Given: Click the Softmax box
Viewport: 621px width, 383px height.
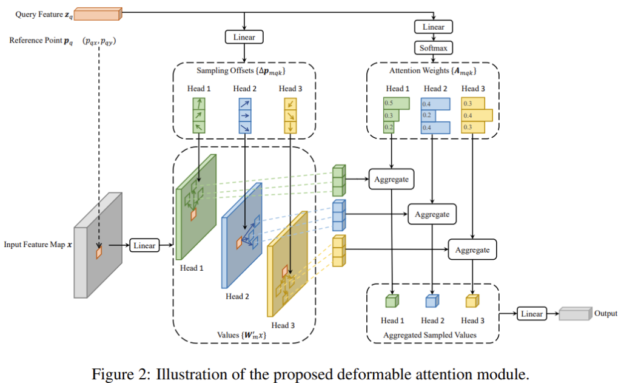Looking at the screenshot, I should [433, 47].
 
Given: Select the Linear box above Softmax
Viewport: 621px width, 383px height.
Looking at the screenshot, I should [433, 27].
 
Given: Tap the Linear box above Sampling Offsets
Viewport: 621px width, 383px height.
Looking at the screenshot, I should [244, 37].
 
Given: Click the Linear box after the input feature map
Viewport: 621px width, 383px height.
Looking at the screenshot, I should [144, 245].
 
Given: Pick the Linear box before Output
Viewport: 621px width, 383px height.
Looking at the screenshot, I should [531, 313].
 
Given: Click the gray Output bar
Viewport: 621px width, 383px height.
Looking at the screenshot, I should [576, 314].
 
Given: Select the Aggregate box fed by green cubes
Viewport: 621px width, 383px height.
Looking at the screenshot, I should [391, 179].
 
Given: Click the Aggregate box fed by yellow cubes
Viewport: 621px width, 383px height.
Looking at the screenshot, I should [472, 249].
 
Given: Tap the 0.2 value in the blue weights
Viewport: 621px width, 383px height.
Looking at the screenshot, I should [427, 115].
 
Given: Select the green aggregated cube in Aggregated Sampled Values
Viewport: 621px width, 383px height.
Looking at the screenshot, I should [391, 301].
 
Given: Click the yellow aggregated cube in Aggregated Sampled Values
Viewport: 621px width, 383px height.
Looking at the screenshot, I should [472, 301].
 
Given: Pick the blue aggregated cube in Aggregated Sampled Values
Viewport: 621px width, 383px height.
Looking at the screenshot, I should [431, 301].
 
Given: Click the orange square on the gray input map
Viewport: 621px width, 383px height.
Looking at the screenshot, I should [98, 251].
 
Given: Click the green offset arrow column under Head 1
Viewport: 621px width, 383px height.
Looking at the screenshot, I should [198, 115].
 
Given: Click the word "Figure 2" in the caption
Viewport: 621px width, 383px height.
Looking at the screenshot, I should [122, 371].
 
